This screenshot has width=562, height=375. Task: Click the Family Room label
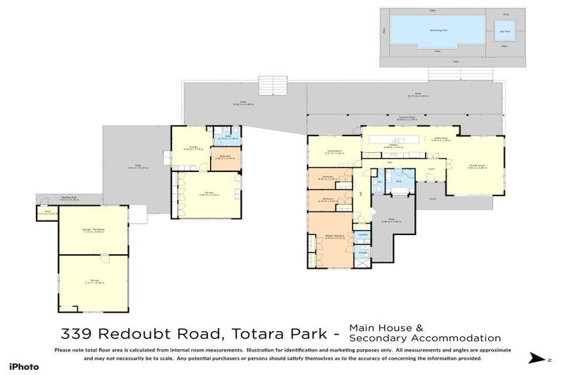click(476, 166)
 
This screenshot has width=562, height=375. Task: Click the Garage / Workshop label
click(93, 230)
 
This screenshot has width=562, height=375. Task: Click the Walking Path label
click(70, 198)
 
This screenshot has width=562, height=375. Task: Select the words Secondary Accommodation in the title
click(424, 338)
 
